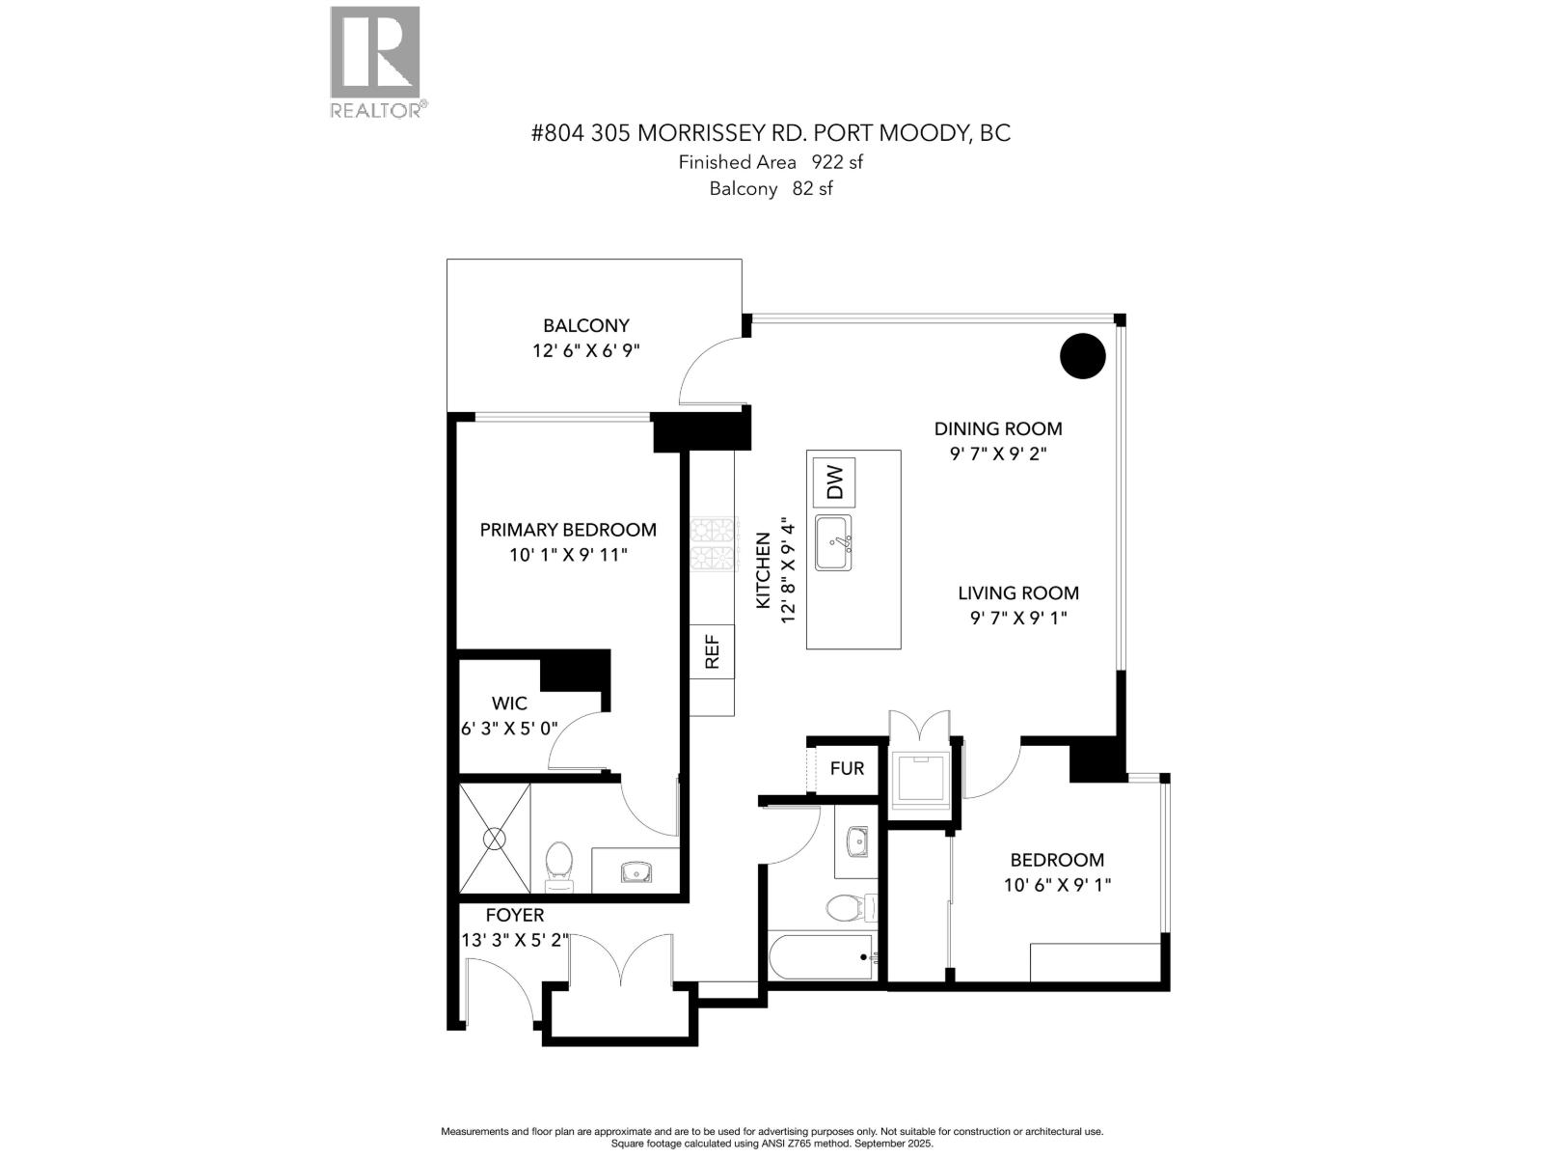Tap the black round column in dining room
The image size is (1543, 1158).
pyautogui.click(x=1082, y=356)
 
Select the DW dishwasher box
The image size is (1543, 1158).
pyautogui.click(x=834, y=482)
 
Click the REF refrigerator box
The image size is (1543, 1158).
pyautogui.click(x=712, y=651)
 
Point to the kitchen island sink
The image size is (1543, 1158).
pyautogui.click(x=833, y=542)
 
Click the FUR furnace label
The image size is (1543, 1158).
pyautogui.click(x=847, y=768)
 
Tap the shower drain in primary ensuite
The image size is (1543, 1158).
pyautogui.click(x=495, y=839)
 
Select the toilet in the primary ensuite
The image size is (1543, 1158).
pyautogui.click(x=558, y=864)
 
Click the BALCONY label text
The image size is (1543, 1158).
pyautogui.click(x=585, y=325)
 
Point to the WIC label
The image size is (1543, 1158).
pyautogui.click(x=509, y=703)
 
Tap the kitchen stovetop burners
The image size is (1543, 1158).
pyautogui.click(x=714, y=543)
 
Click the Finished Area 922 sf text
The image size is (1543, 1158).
pyautogui.click(x=770, y=162)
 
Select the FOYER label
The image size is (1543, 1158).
pyautogui.click(x=514, y=914)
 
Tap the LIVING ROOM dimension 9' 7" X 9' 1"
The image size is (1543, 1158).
pyautogui.click(x=1018, y=619)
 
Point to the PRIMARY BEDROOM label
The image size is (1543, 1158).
pyautogui.click(x=568, y=529)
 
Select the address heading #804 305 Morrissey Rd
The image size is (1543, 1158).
pyautogui.click(x=770, y=132)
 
